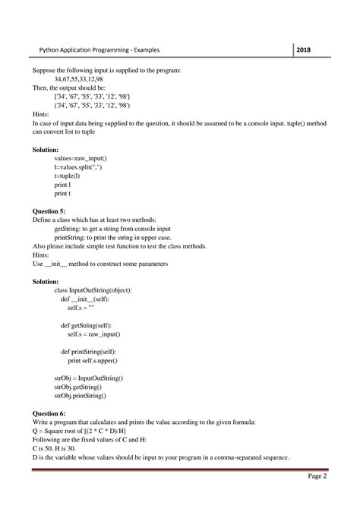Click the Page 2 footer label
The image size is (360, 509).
pos(317,476)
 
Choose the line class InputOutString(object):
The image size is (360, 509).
pos(94,289)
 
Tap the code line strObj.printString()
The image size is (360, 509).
pos(81,395)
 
